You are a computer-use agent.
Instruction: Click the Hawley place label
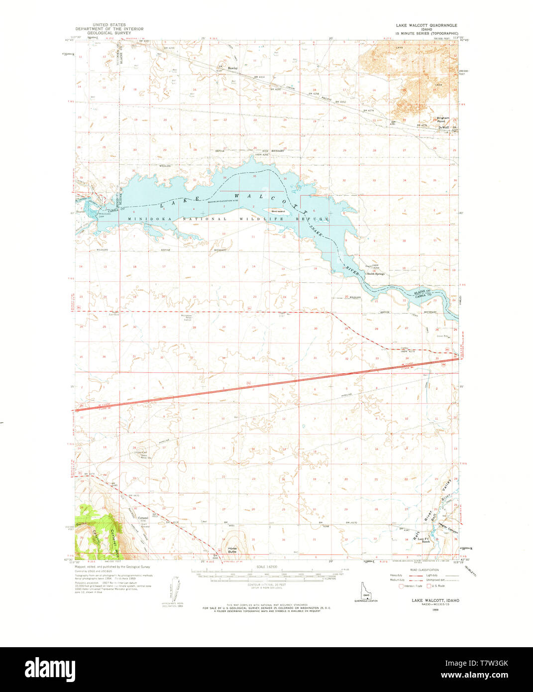pyautogui.click(x=232, y=68)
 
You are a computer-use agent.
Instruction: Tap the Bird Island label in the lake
pyautogui.click(x=278, y=211)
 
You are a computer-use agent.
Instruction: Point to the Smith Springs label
pyautogui.click(x=375, y=274)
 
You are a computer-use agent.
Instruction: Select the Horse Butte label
pyautogui.click(x=232, y=551)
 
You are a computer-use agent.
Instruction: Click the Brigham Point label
pyautogui.click(x=443, y=119)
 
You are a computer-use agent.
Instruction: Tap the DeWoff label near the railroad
pyautogui.click(x=443, y=127)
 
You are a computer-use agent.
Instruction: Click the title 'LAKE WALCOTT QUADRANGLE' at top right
pyautogui.click(x=426, y=25)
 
